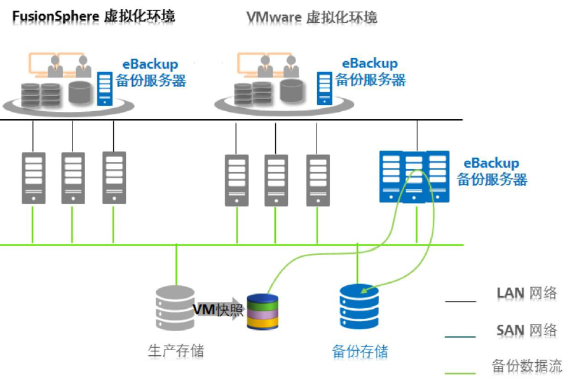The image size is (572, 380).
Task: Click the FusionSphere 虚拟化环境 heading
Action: (93, 16)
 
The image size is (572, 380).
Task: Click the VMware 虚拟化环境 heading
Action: (311, 17)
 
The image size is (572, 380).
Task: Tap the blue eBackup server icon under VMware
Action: (324, 88)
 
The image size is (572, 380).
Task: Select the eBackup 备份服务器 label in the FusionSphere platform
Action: (151, 72)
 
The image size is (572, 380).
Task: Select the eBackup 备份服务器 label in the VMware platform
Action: (370, 72)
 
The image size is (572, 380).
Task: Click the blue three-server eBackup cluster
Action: (414, 176)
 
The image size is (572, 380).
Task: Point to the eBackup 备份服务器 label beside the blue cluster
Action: (491, 171)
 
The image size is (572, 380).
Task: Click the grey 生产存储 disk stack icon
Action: (175, 308)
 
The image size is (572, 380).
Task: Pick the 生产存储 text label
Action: (176, 350)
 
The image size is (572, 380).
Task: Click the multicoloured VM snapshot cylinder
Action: (262, 311)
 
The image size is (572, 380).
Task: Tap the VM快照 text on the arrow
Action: (218, 309)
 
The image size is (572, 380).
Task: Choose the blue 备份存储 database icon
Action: (358, 308)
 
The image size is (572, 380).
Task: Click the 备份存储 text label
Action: (360, 351)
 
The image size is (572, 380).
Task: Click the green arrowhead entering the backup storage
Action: (364, 291)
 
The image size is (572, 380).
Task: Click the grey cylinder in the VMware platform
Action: (291, 91)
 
